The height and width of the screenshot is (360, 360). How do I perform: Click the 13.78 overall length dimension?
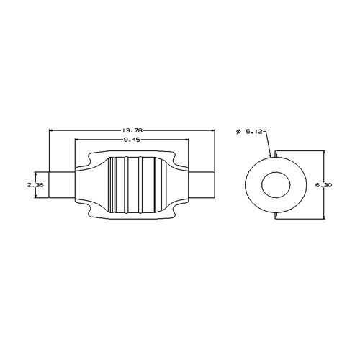pos(132,130)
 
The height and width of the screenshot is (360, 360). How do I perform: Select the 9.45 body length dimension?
pos(132,140)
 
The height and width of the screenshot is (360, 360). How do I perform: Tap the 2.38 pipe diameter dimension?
pos(35,185)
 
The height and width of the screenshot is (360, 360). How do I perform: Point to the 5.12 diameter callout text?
pos(254,132)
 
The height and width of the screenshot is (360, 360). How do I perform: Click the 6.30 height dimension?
pos(323,185)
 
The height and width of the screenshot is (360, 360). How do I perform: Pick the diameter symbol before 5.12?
pos(238,132)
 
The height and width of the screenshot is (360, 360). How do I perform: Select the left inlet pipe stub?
pos(62,185)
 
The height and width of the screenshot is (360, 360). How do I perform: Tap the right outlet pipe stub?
pos(201,185)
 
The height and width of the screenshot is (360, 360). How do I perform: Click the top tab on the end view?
pos(276,154)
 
